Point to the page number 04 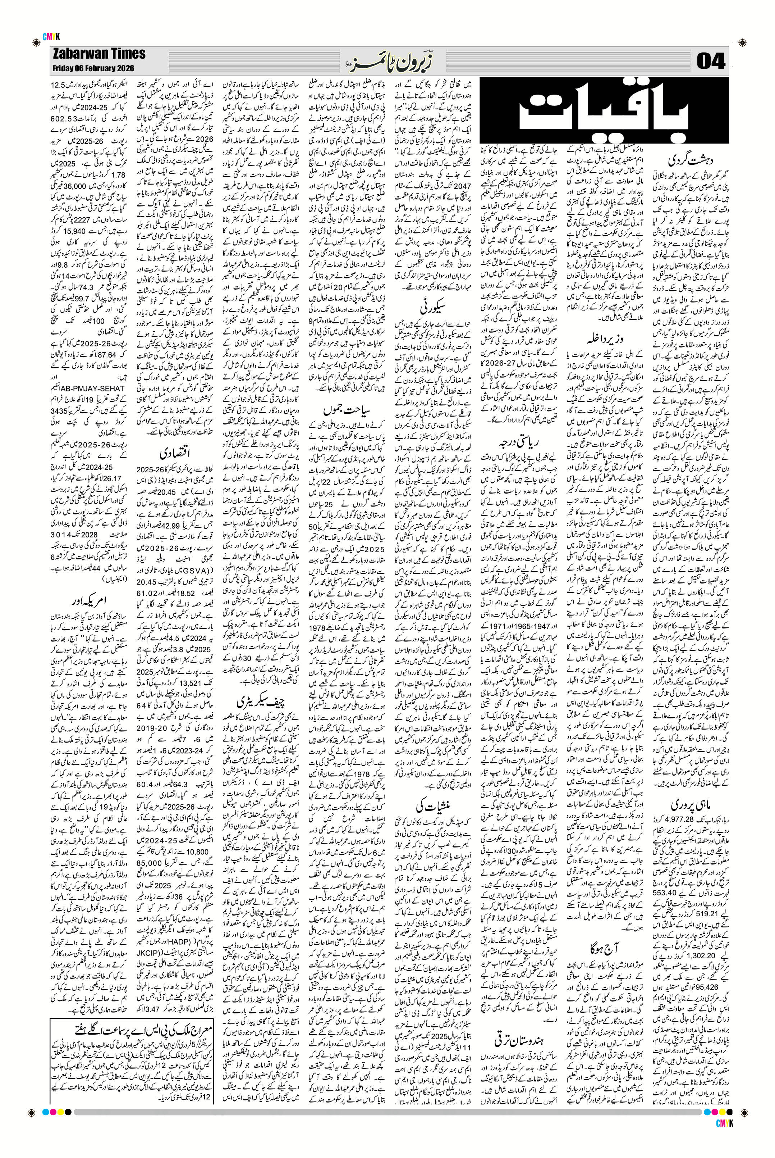[711, 62]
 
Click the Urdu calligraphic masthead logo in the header [385, 62]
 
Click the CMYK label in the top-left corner [51, 36]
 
